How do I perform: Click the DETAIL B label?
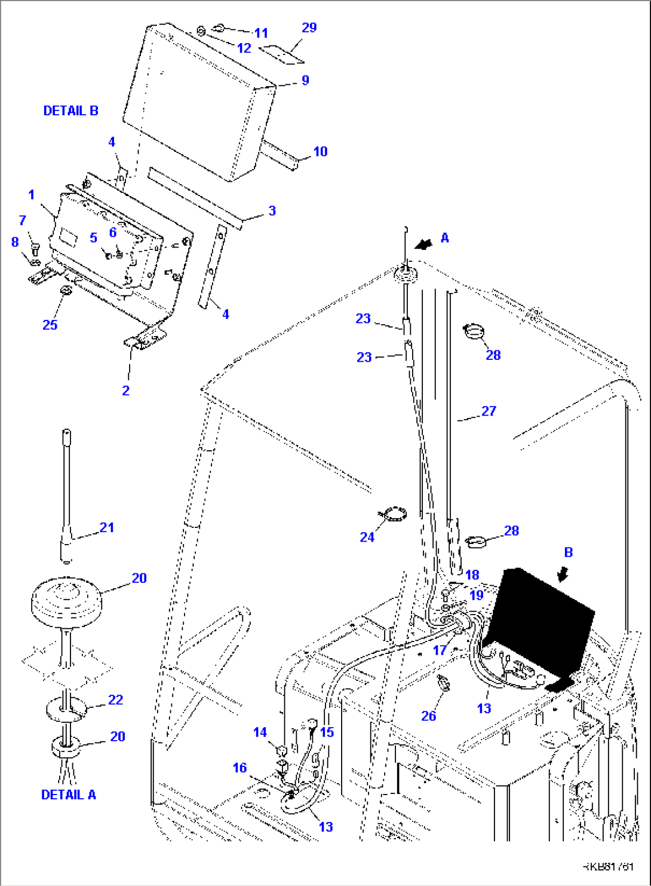click(70, 111)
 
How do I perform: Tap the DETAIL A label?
click(68, 795)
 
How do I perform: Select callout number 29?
click(309, 28)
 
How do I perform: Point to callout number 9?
click(305, 80)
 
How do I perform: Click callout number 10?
click(320, 151)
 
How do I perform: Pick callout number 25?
click(50, 324)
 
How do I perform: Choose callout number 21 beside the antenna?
click(107, 527)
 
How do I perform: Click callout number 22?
click(115, 699)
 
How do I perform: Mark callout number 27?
click(489, 411)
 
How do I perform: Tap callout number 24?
click(367, 537)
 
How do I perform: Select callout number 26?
click(428, 716)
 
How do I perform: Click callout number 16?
click(239, 768)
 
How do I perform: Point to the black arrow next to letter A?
click(424, 244)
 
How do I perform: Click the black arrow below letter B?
click(562, 575)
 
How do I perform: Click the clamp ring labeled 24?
click(395, 514)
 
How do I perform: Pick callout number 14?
click(260, 732)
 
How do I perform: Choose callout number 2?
click(125, 390)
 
